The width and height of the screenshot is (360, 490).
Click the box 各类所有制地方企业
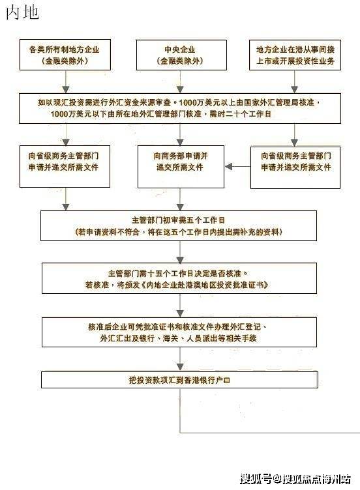(64, 55)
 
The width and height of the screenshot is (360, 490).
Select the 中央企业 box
(179, 55)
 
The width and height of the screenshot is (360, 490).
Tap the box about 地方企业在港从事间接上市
(295, 55)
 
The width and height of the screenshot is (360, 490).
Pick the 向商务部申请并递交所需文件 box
(179, 162)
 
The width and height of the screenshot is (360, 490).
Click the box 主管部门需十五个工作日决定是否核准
(179, 280)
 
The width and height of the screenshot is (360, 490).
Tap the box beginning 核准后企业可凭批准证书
(179, 333)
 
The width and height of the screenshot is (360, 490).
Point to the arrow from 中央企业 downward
(179, 81)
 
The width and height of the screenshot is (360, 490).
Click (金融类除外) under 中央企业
(179, 61)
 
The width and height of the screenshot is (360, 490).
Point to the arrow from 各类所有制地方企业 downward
(64, 81)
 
